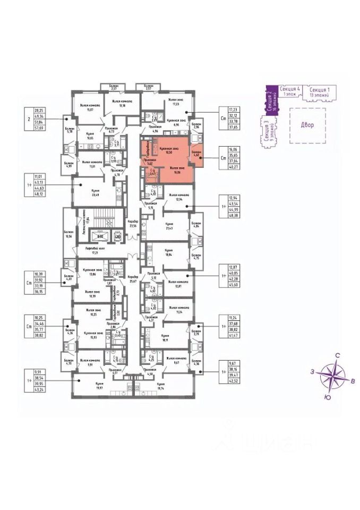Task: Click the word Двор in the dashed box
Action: click(306, 125)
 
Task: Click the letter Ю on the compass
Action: click(329, 397)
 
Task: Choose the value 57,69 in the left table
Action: click(37, 128)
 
